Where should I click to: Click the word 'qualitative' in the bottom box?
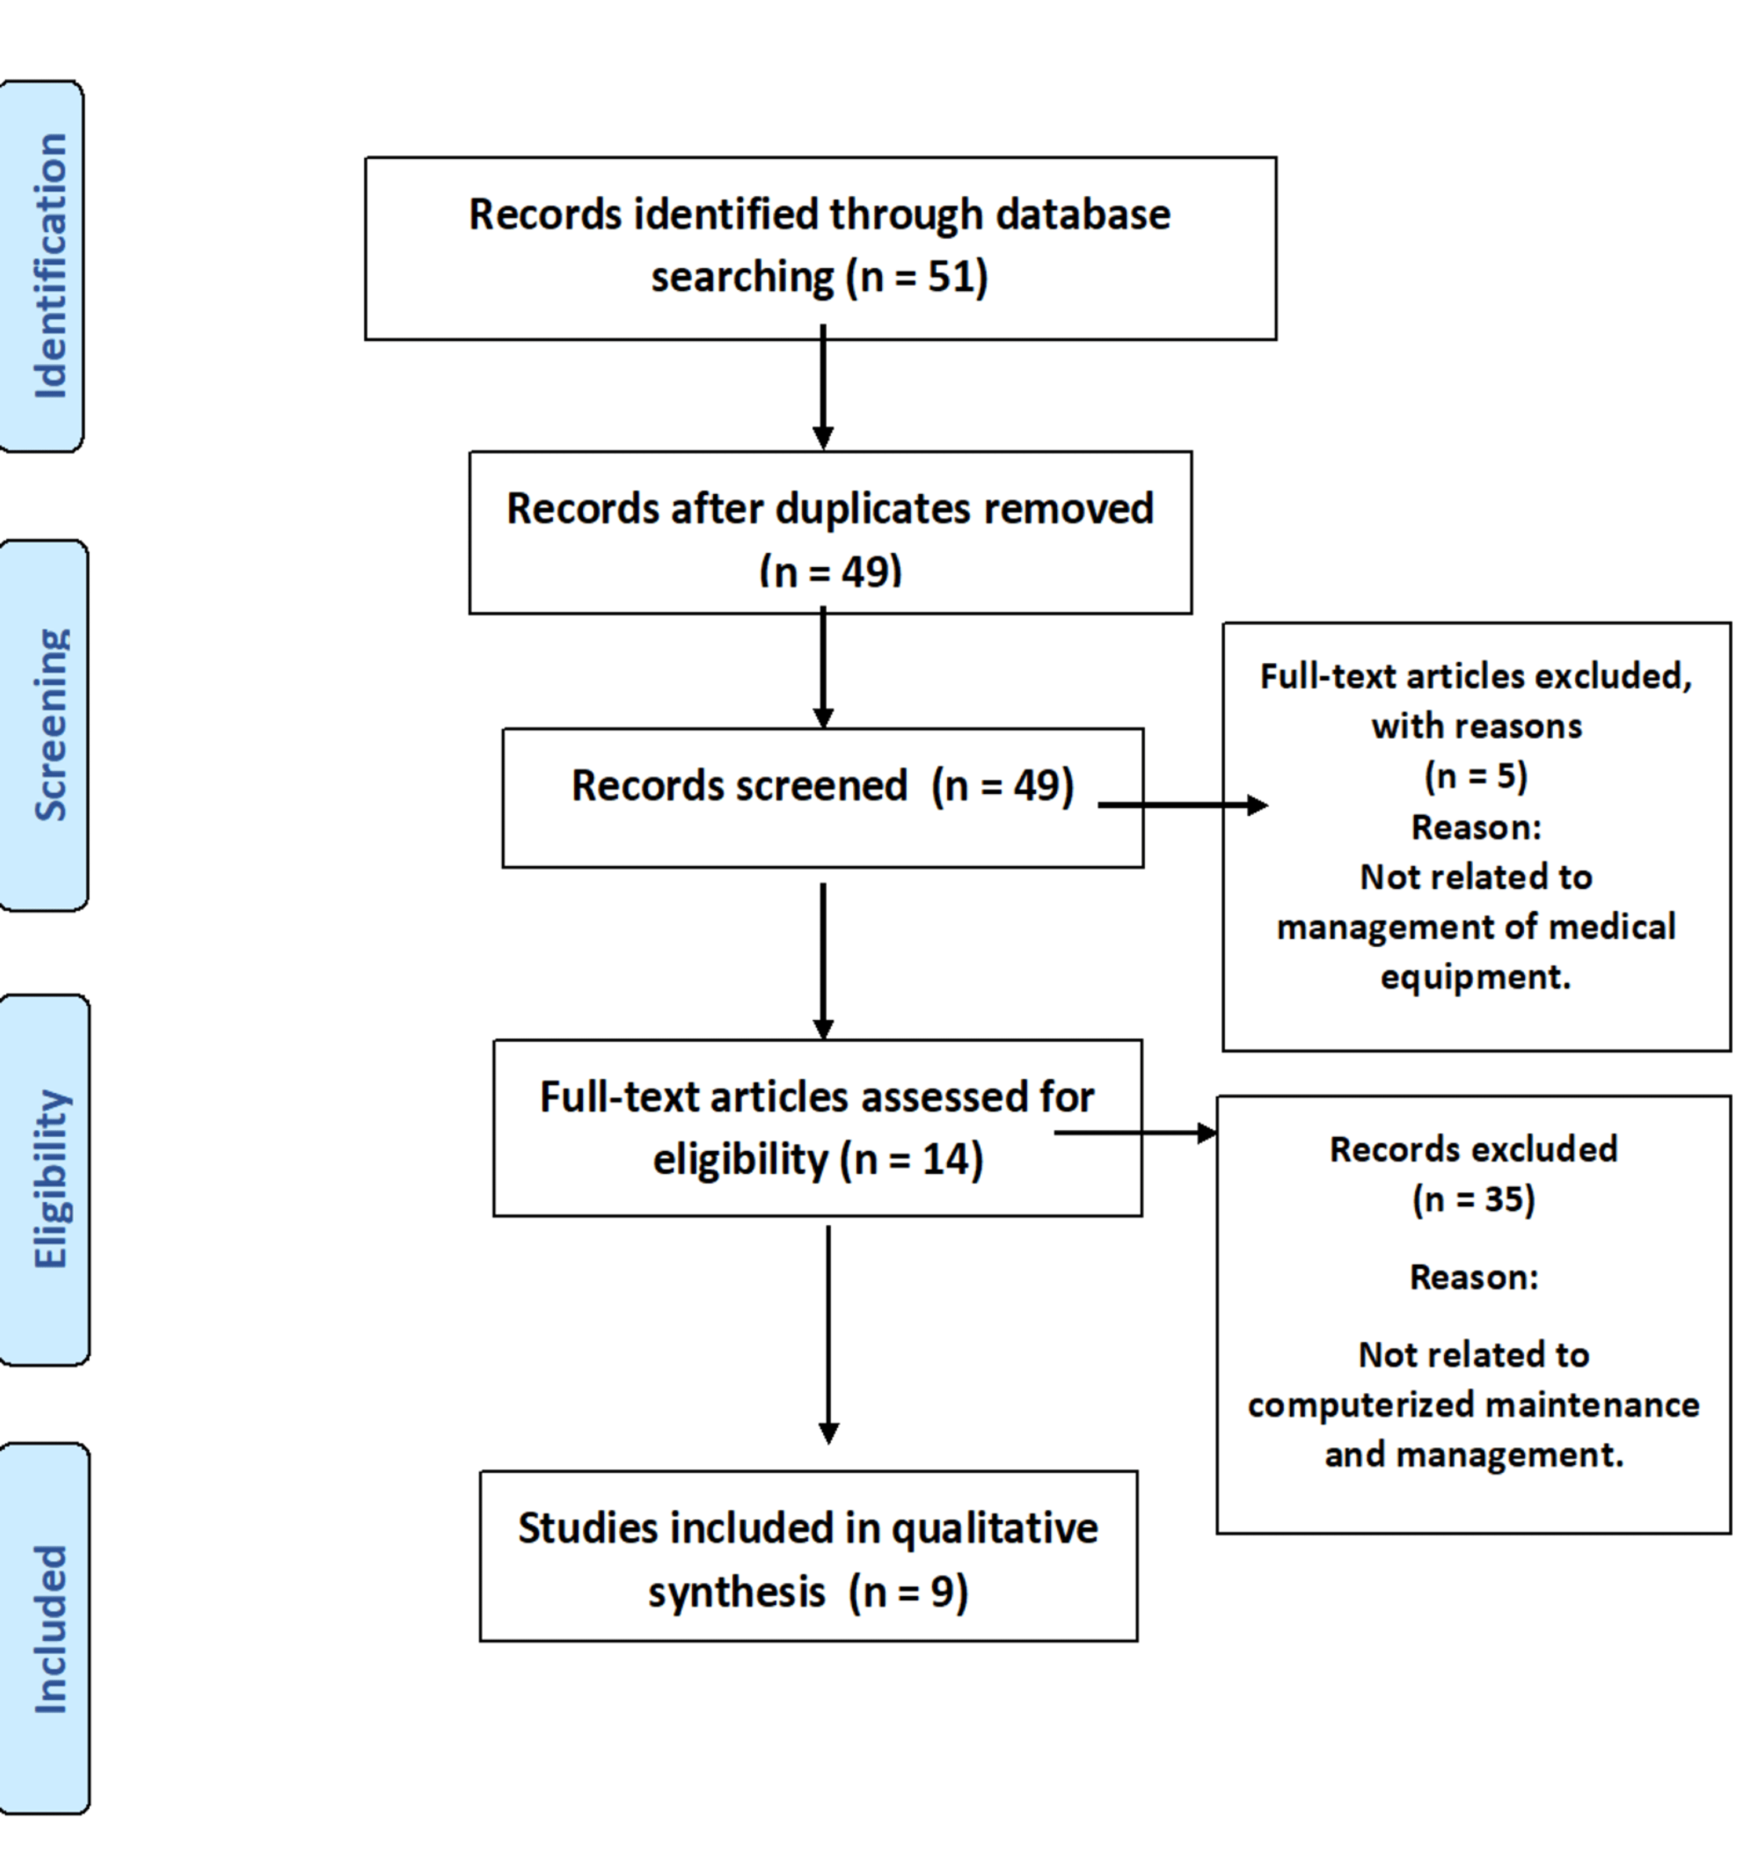coord(994,1528)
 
